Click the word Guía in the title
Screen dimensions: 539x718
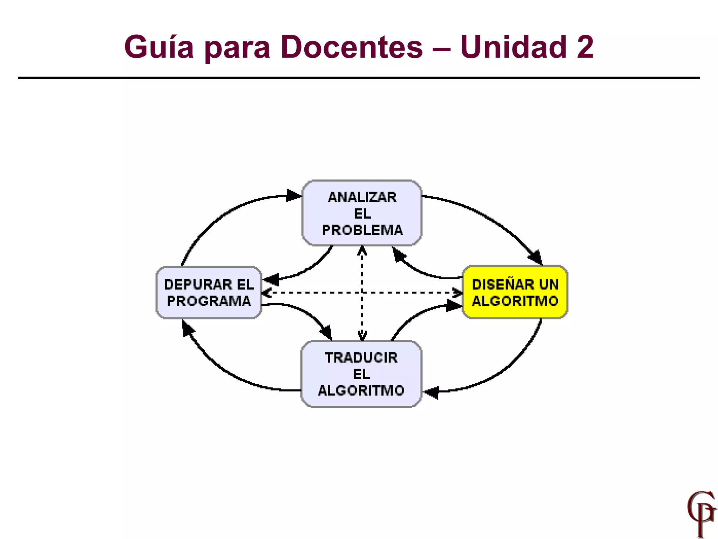coord(159,47)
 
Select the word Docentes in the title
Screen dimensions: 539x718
coord(352,47)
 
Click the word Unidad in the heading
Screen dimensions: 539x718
coord(513,47)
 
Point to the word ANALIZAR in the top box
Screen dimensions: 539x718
coord(362,197)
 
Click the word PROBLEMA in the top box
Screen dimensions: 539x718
coord(362,230)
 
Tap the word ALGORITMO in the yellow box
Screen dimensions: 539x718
coord(515,301)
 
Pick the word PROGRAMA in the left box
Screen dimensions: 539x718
coord(209,301)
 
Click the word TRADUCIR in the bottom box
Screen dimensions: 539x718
coord(361,358)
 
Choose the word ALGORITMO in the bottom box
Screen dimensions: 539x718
coord(361,391)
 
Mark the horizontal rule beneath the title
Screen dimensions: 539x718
coord(359,78)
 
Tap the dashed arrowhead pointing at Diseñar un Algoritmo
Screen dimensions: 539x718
coord(458,292)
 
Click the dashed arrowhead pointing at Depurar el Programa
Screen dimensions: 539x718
coord(266,292)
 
